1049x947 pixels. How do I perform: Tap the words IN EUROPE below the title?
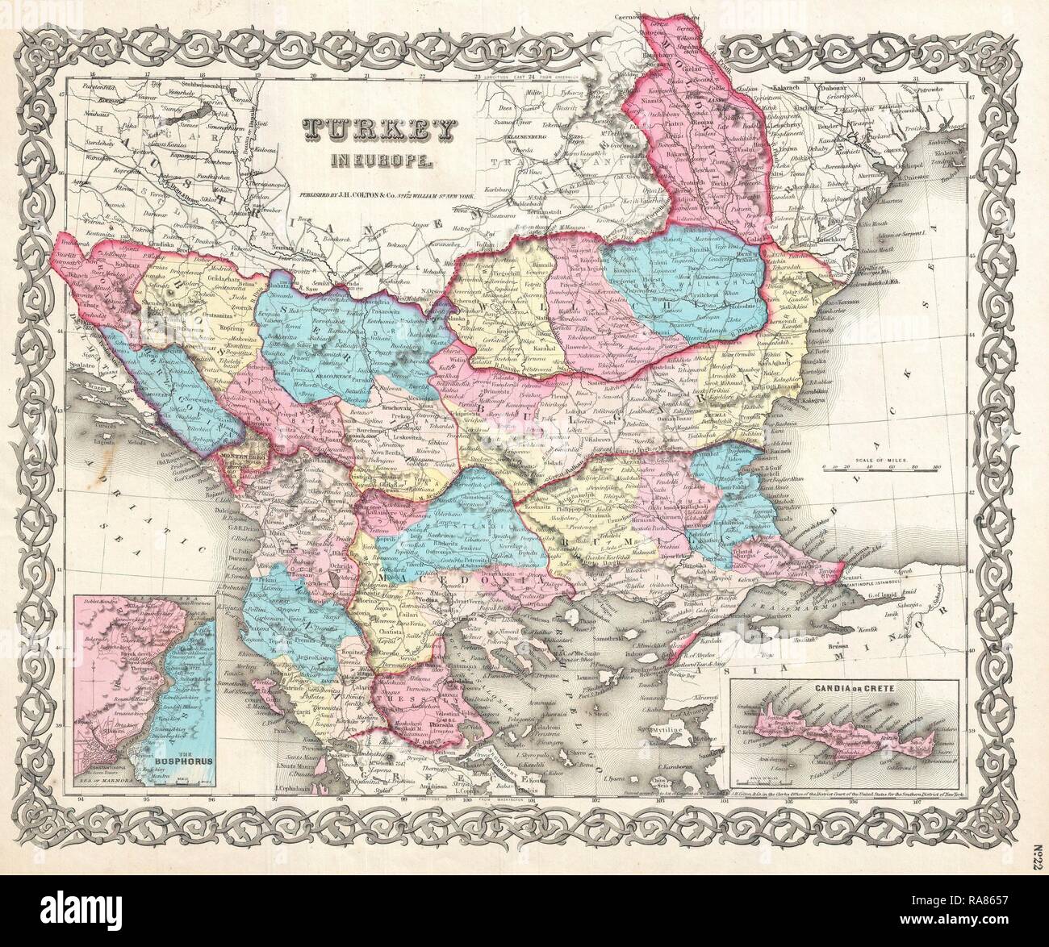368,161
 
